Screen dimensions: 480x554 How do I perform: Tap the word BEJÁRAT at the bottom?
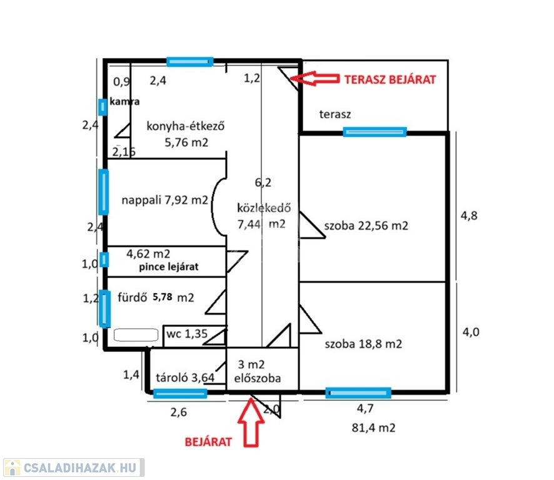pyautogui.click(x=208, y=442)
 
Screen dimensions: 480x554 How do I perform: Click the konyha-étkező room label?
pyautogui.click(x=185, y=127)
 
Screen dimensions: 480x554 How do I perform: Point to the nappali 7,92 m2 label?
pyautogui.click(x=164, y=201)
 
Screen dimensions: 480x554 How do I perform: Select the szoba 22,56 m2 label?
pyautogui.click(x=366, y=226)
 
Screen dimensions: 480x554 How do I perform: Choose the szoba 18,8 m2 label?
pyautogui.click(x=363, y=344)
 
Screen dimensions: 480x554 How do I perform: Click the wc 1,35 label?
pyautogui.click(x=186, y=333)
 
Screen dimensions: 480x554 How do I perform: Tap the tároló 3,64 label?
pyautogui.click(x=186, y=377)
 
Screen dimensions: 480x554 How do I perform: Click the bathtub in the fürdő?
pyautogui.click(x=136, y=336)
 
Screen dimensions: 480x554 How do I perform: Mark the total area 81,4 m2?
pyautogui.click(x=373, y=429)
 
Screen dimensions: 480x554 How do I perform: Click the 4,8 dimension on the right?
pyautogui.click(x=470, y=216)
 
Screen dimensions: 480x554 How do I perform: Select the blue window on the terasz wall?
pyautogui.click(x=375, y=132)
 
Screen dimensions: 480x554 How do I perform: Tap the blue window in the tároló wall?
pyautogui.click(x=180, y=392)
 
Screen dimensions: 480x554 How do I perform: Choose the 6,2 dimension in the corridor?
pyautogui.click(x=263, y=182)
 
